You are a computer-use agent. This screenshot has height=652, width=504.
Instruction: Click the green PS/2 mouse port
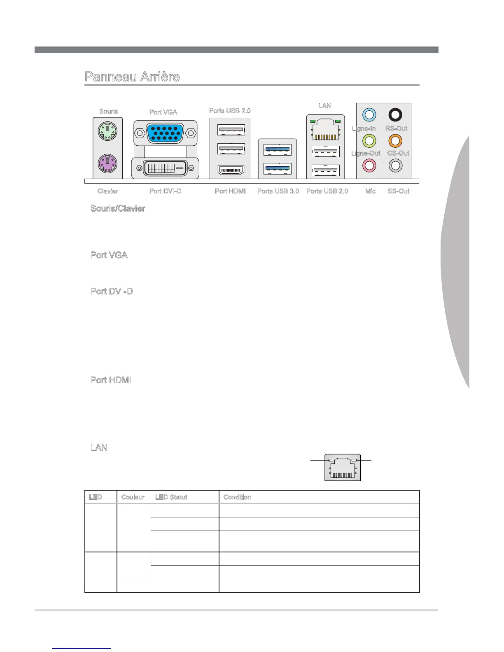107,132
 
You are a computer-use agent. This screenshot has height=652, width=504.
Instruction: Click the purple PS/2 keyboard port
107,163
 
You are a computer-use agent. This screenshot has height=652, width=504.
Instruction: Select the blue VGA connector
165,132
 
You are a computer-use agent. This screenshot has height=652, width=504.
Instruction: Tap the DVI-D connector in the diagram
165,168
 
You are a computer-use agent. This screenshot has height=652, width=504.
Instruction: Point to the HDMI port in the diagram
231,170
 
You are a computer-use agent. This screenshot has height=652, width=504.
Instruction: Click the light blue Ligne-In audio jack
369,115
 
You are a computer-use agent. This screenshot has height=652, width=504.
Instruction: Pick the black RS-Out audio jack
395,115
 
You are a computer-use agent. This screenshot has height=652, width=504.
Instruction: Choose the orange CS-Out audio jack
395,141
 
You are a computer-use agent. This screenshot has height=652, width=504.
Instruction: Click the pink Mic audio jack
369,165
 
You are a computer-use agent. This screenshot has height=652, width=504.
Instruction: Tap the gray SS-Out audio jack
395,165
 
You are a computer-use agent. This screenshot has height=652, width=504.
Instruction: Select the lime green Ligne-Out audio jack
369,141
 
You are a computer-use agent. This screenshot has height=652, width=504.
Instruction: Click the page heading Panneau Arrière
132,77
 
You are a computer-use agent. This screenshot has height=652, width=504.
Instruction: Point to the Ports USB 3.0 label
278,191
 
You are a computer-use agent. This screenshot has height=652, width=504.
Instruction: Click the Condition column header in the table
237,497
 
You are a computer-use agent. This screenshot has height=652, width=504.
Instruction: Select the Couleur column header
133,497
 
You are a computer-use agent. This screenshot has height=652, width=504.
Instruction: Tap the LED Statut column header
171,497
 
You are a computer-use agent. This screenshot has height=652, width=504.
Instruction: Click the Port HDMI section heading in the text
111,380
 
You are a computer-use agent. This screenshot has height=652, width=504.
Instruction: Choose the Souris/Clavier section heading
118,209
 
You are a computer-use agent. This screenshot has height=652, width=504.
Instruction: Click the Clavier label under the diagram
108,191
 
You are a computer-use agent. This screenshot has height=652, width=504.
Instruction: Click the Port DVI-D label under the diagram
165,191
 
